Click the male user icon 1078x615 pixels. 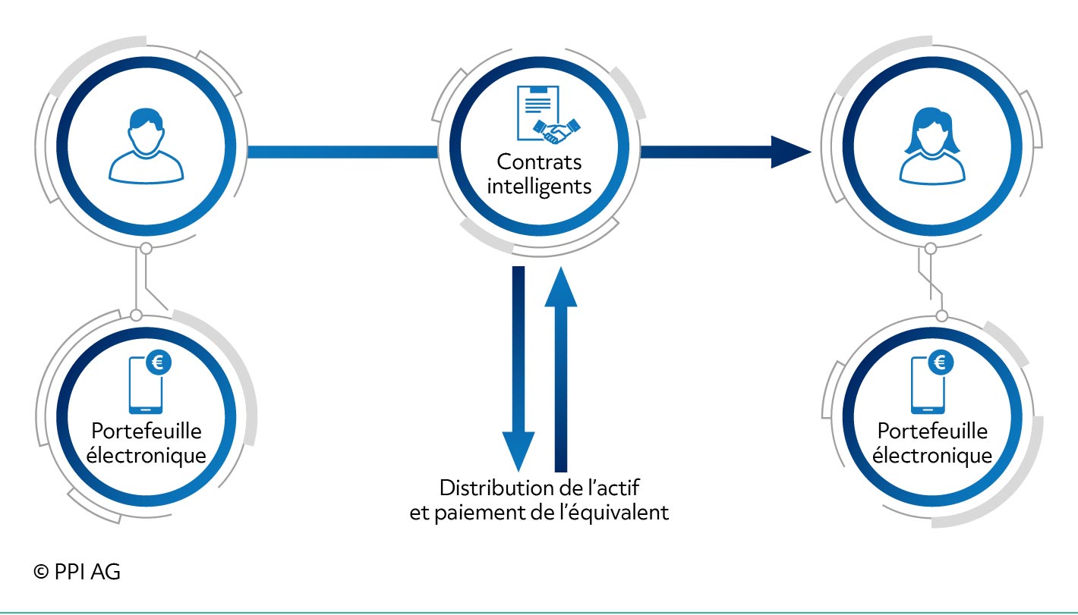coord(146,146)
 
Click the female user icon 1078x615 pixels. coord(932,146)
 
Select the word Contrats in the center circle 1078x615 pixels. coord(539,162)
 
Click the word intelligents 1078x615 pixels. coord(539,187)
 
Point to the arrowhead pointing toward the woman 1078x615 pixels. coord(791,152)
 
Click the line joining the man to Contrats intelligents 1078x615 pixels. coord(342,152)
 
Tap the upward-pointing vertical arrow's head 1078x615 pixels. coord(561,287)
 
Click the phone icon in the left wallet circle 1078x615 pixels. coord(146,385)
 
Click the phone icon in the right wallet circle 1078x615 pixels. coord(928,385)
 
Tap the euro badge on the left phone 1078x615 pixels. coord(159,362)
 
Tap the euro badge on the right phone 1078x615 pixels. coord(941,362)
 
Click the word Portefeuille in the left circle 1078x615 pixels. coord(147,431)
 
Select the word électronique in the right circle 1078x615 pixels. coord(932,455)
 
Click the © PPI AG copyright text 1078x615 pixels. coord(77,572)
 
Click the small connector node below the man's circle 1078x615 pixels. coord(147,249)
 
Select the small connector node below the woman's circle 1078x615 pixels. coord(931,249)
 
